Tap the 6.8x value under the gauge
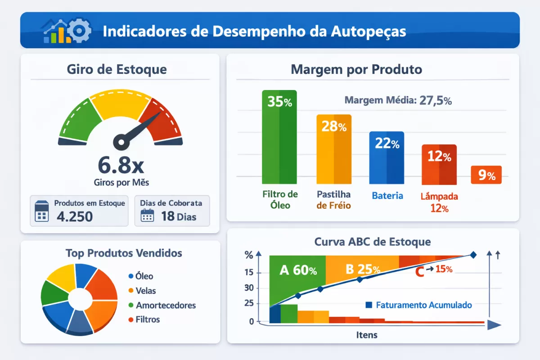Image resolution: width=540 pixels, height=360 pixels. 121,165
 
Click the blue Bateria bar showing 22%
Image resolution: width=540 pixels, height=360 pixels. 387,157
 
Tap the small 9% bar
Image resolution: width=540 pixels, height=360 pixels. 486,175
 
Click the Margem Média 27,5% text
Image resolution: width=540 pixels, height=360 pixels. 398,100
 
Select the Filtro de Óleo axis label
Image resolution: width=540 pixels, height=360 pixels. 280,200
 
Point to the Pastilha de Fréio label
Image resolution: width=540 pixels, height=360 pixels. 333,200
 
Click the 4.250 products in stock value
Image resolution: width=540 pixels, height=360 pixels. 75,216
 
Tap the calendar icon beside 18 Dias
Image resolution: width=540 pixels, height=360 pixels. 148,216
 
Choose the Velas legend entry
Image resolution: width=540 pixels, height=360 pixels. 143,291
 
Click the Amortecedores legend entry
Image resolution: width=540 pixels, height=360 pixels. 162,305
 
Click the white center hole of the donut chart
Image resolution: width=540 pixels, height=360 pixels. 79,298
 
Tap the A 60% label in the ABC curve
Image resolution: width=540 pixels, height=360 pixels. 298,270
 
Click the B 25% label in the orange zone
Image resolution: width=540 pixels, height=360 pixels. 363,269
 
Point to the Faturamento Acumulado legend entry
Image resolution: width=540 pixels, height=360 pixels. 419,305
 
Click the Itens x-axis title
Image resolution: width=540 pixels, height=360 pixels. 367,335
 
